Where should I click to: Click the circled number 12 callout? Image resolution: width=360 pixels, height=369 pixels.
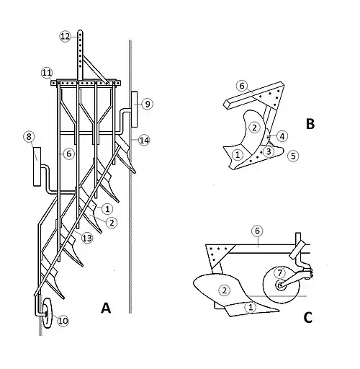point(65,37)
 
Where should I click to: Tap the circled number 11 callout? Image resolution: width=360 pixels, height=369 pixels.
point(47,73)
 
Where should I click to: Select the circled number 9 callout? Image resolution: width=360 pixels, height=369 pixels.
point(148,104)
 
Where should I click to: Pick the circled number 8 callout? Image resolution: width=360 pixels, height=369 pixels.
point(29,137)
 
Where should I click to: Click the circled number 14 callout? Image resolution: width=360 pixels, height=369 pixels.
point(144,141)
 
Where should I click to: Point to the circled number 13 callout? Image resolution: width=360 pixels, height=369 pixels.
point(87,238)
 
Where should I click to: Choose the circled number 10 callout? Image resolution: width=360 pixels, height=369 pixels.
point(63,321)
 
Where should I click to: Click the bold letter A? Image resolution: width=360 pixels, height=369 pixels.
point(106,308)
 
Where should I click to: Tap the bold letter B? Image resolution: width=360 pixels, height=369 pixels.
point(310,124)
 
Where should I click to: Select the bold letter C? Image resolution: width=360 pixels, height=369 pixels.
point(308,318)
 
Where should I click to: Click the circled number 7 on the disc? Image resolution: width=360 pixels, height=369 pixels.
point(280,273)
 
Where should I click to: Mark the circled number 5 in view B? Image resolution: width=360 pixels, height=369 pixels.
point(293,156)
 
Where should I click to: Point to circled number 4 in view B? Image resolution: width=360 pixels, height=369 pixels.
point(282,136)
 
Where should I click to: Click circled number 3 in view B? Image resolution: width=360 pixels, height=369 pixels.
point(269,151)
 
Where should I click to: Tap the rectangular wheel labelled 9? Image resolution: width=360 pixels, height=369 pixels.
point(135,110)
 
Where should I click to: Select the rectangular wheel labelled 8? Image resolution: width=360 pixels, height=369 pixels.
point(37,166)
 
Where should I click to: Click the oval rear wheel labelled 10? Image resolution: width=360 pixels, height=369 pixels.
point(48,314)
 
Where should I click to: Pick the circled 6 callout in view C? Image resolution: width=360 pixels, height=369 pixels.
point(257,231)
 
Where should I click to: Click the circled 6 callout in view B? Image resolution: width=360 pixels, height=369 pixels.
point(242,86)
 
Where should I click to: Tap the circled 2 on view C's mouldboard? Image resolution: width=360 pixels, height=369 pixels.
point(225,290)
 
